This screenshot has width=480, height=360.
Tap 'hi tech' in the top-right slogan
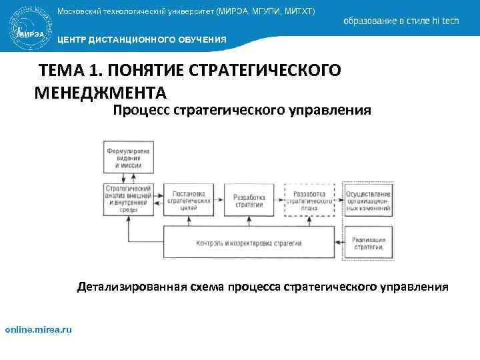445,21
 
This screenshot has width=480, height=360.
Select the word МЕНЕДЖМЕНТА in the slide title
100,91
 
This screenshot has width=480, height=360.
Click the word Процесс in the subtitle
141,109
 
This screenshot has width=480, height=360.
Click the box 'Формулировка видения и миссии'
128,157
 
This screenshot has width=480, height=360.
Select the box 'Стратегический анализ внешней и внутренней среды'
128,198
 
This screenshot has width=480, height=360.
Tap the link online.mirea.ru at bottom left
39,329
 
